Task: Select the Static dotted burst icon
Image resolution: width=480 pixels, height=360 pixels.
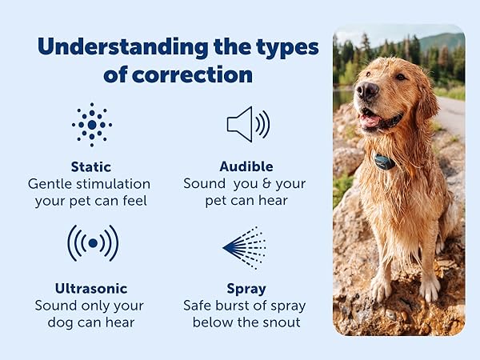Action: (92, 125)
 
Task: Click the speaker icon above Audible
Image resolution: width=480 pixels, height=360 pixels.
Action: (246, 124)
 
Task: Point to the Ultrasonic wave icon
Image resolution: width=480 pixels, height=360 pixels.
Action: (92, 242)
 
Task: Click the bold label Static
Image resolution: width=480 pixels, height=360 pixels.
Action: (91, 166)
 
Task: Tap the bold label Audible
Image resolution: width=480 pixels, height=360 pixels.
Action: (246, 166)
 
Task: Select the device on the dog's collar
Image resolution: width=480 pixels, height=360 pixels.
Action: (385, 162)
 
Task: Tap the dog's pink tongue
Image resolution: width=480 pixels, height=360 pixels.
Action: (370, 120)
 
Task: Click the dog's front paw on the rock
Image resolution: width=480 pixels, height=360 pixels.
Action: (382, 287)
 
